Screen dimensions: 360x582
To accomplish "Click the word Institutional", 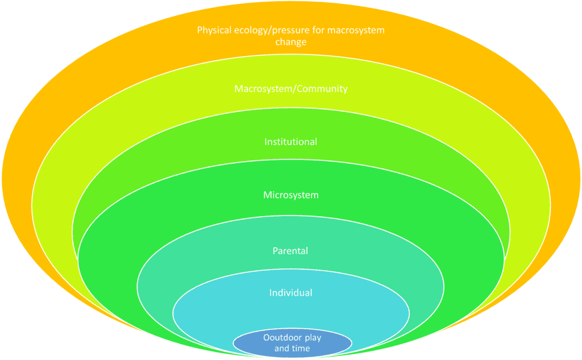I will (290, 142).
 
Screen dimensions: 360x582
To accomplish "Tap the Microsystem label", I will (290, 195).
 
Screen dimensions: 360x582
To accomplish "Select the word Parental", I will (290, 250).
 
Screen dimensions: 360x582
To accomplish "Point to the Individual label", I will (290, 293).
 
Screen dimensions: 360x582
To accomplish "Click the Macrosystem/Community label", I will (290, 89).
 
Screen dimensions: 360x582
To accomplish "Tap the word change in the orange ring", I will (290, 42).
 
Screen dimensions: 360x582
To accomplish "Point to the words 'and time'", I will (292, 347).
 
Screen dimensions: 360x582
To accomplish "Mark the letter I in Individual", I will (271, 293).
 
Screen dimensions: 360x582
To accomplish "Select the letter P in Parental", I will (276, 250).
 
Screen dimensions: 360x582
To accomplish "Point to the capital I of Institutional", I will (265, 142).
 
